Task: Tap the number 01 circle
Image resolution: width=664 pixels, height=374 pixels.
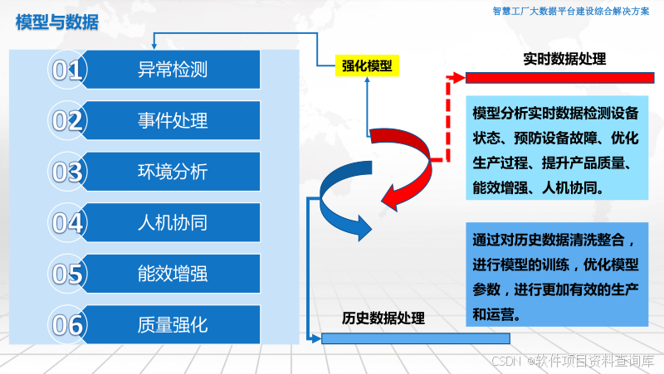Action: point(67,70)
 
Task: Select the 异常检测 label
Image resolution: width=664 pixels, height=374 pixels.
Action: point(172,70)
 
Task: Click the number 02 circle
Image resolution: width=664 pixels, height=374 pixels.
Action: point(67,121)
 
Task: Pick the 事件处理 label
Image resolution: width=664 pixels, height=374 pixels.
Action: point(172,121)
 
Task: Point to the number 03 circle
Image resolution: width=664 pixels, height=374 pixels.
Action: point(67,172)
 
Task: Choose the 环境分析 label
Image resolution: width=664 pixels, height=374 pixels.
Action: point(172,172)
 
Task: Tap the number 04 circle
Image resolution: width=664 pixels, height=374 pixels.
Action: point(67,223)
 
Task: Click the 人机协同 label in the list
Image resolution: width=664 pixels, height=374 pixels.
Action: point(172,222)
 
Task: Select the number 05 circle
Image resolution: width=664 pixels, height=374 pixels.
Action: point(67,274)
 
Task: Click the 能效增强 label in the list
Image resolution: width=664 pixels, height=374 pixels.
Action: point(172,273)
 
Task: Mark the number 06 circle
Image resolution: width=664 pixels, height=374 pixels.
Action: point(67,324)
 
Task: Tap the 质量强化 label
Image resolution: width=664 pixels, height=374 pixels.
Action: point(172,323)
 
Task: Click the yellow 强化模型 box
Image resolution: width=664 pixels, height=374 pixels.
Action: point(367,66)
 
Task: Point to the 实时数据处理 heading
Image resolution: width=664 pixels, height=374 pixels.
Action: point(564,60)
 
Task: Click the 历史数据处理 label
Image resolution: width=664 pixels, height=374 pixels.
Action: point(383,318)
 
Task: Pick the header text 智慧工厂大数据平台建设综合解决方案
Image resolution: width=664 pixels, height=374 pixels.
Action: point(572,12)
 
